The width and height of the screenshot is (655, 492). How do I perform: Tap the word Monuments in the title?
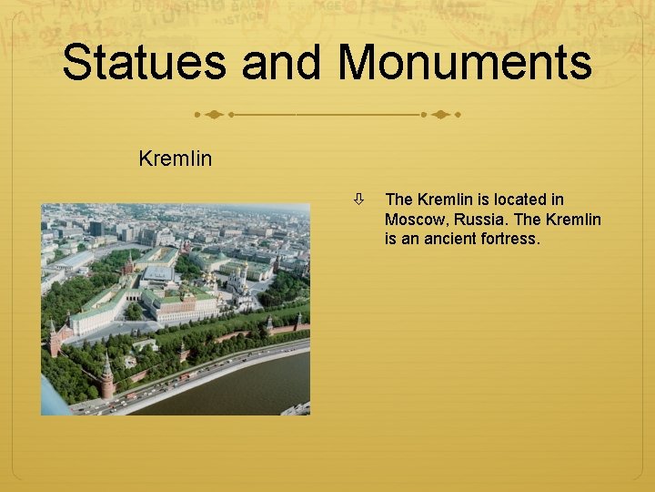(465, 64)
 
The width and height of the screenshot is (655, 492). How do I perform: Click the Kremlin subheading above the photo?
(176, 159)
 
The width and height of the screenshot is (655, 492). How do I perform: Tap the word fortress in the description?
(507, 240)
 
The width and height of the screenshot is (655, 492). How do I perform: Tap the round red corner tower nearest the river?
(108, 378)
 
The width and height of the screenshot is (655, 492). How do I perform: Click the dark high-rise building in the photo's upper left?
(96, 228)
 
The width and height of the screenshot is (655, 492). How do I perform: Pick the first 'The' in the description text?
(398, 200)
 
